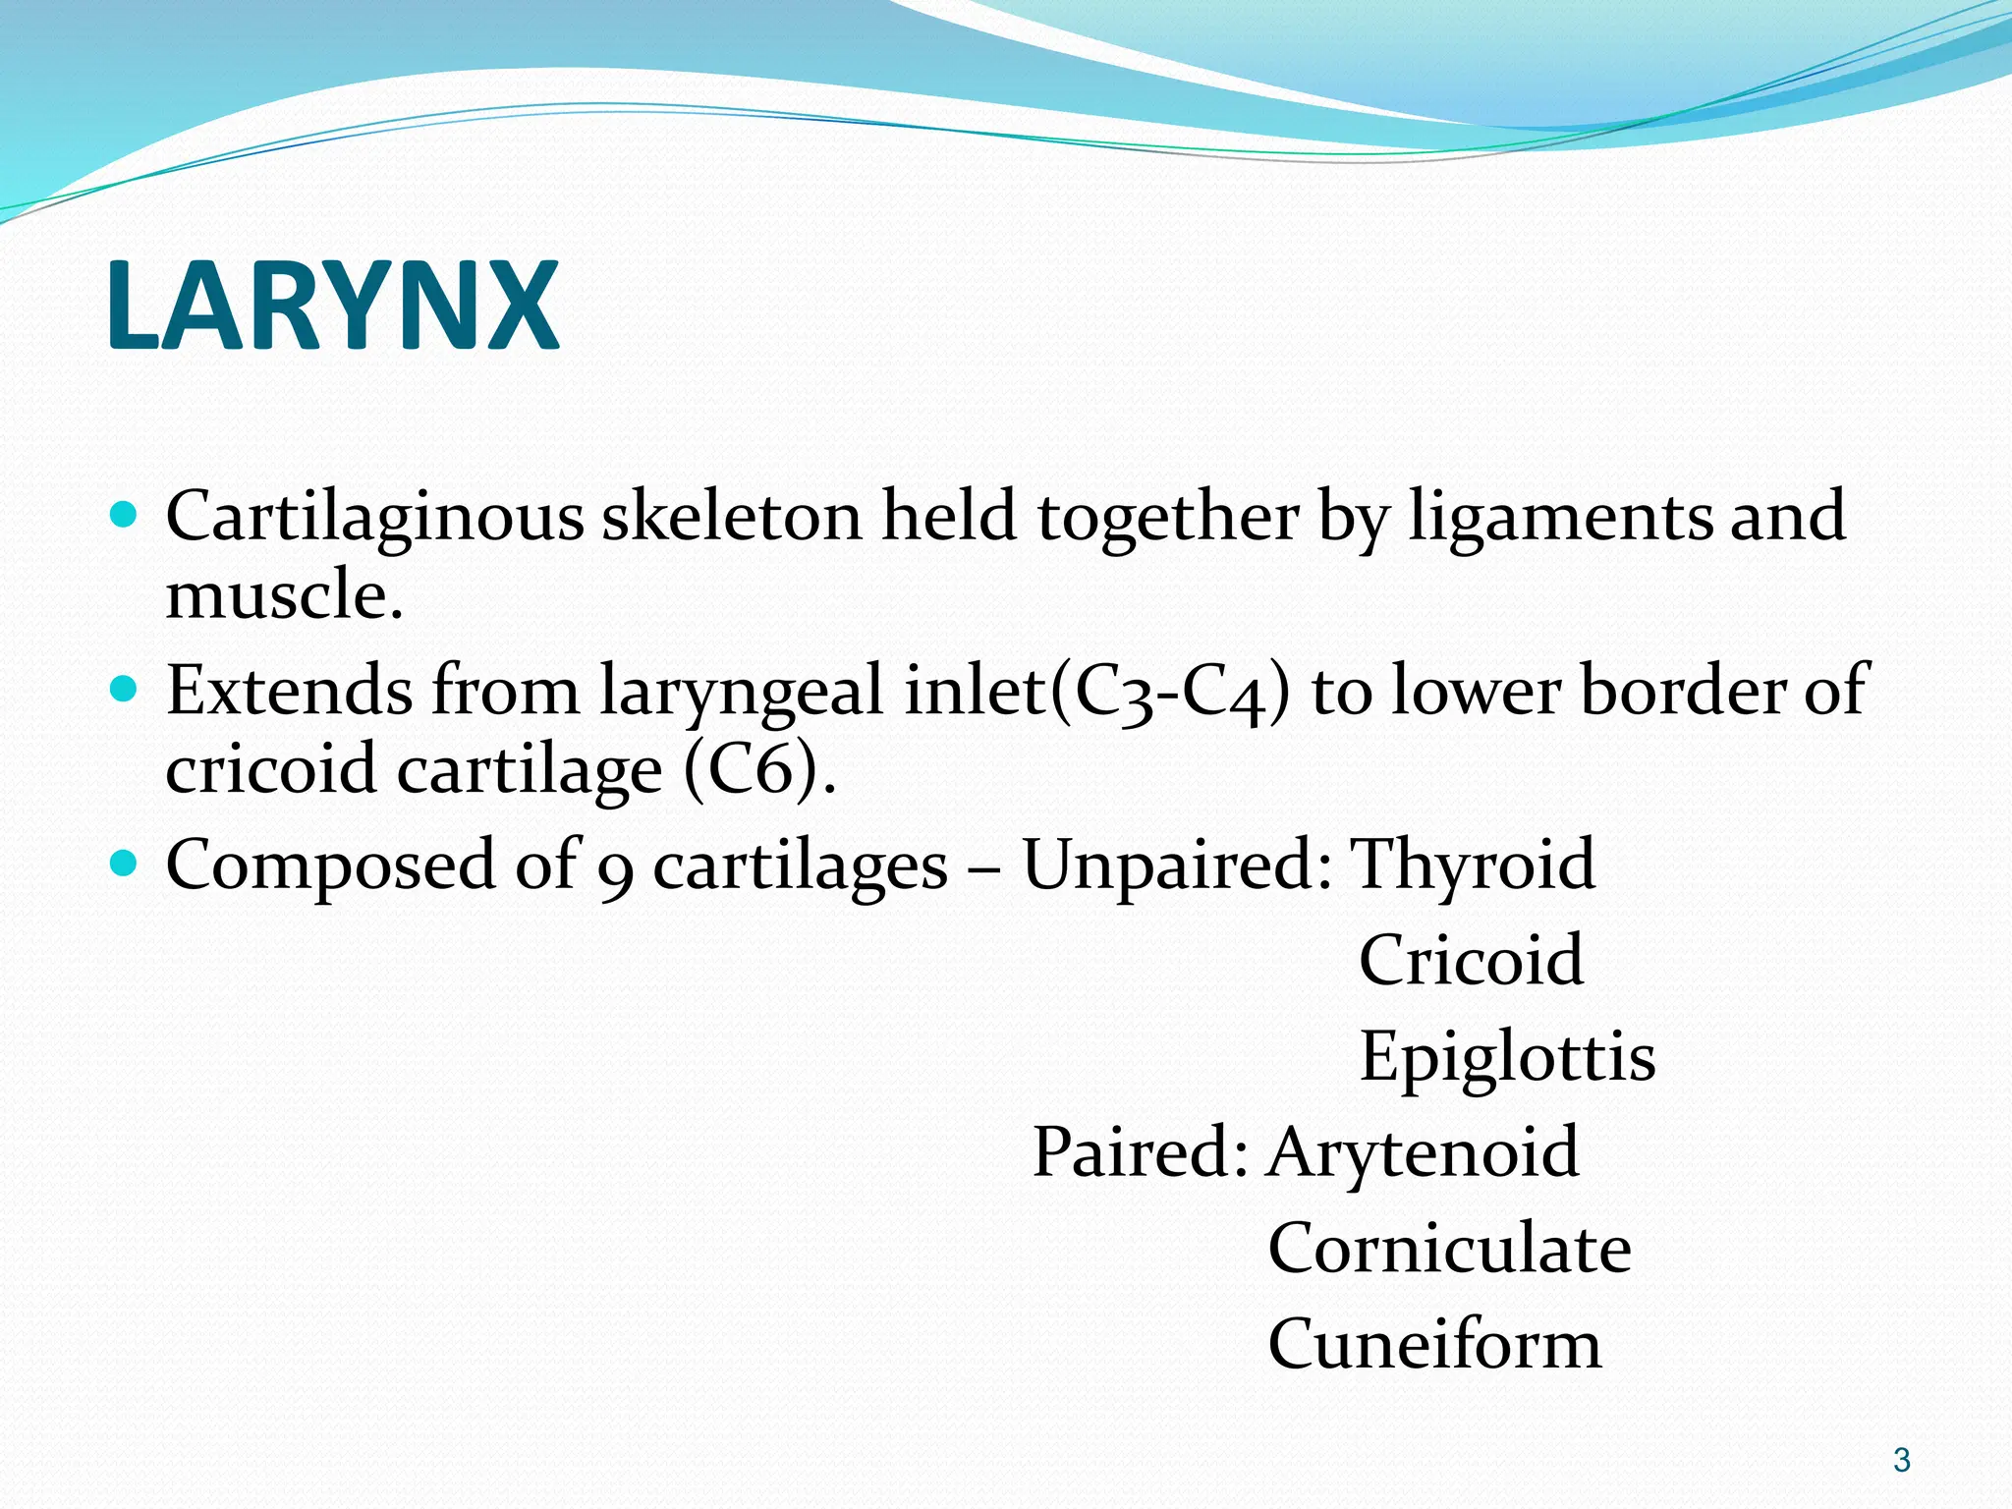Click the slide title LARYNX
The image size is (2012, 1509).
point(332,307)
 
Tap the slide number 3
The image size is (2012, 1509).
point(1902,1460)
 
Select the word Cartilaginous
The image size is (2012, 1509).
point(373,518)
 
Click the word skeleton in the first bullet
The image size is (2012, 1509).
point(732,518)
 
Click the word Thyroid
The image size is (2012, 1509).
point(1474,865)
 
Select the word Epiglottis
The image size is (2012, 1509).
point(1507,1057)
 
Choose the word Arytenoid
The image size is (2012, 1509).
point(1423,1152)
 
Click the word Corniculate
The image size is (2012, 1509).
point(1449,1249)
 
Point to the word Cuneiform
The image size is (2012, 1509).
point(1434,1345)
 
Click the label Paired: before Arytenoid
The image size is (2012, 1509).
point(1140,1152)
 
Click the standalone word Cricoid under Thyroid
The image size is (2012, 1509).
point(1471,960)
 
